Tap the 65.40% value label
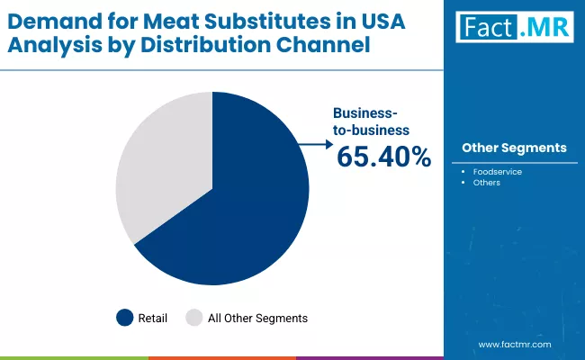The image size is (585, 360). pos(383,157)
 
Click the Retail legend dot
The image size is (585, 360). pos(125,318)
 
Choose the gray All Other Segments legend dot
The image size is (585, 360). pos(193,318)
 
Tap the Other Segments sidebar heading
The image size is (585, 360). pos(514,148)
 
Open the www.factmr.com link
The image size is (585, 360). pos(514,345)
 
